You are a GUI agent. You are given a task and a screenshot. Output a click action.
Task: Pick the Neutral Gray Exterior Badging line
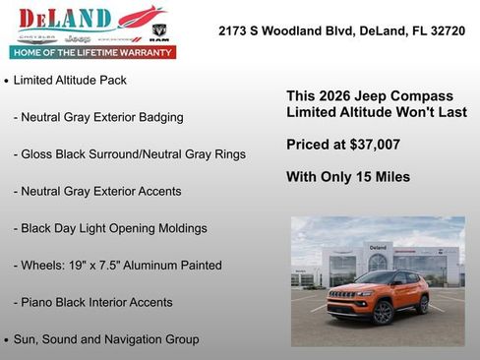tap(98, 117)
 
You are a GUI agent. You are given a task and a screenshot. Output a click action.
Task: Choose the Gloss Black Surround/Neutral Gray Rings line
tap(129, 154)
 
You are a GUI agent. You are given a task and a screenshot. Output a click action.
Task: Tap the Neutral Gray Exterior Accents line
tap(97, 191)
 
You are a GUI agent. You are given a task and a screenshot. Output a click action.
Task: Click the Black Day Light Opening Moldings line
tap(110, 228)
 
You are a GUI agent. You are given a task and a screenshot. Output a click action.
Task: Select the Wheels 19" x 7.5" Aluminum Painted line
tap(117, 266)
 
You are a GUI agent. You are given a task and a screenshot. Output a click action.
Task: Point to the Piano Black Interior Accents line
tap(92, 302)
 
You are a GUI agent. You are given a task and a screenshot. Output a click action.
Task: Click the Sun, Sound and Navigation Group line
tap(105, 339)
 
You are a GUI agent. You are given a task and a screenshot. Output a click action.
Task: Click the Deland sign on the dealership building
tap(378, 247)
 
